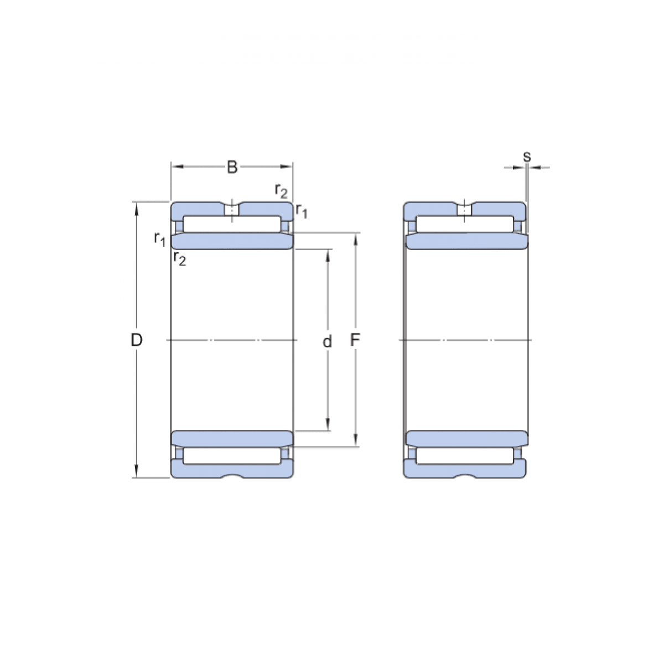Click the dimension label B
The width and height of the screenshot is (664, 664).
[232, 167]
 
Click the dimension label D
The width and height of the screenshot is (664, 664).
[136, 340]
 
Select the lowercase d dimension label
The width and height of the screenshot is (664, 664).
[328, 341]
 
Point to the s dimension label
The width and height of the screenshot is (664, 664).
[527, 157]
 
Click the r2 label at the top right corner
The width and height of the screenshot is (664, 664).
[281, 191]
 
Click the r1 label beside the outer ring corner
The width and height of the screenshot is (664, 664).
[302, 210]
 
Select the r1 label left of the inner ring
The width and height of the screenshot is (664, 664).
[159, 238]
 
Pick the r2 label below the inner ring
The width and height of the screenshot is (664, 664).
[179, 258]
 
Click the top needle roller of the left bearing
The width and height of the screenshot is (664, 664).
[232, 224]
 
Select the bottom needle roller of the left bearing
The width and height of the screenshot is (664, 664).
[232, 455]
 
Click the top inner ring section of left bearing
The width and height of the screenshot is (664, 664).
[232, 241]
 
